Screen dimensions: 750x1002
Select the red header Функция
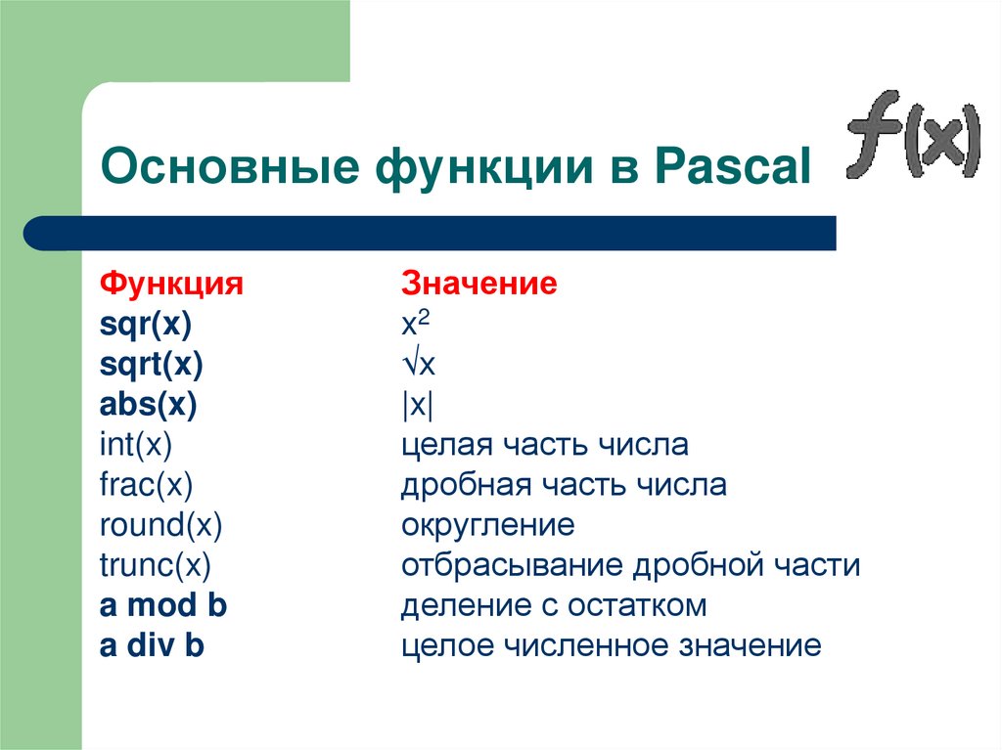171,285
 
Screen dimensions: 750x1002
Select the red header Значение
479,285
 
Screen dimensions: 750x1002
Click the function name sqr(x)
146,325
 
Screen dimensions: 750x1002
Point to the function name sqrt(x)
151,365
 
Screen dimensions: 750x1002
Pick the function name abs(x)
149,405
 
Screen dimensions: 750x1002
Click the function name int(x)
136,446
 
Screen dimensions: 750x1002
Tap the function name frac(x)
147,486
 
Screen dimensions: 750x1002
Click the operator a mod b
163,606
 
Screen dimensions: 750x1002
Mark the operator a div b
152,646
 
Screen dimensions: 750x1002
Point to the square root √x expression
419,365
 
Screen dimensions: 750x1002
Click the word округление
487,526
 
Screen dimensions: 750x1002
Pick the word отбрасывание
511,566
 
